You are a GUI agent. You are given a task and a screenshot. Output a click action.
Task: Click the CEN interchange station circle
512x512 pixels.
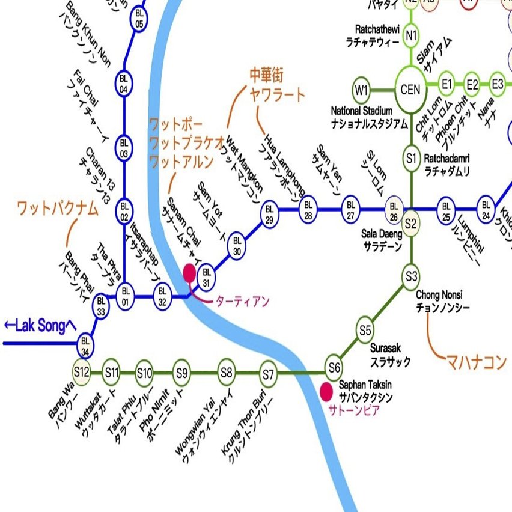click(x=411, y=90)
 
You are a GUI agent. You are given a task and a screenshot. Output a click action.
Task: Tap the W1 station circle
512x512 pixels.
click(x=361, y=91)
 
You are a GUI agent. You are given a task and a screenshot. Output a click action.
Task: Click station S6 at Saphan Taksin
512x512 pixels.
click(x=334, y=366)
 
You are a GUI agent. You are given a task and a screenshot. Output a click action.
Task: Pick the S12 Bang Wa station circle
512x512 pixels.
click(x=81, y=372)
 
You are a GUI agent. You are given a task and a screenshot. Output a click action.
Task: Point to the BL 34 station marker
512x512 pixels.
click(x=86, y=344)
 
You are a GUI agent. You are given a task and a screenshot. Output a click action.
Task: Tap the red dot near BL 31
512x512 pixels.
click(x=190, y=273)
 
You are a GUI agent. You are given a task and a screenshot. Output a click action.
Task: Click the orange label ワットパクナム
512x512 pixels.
click(x=57, y=209)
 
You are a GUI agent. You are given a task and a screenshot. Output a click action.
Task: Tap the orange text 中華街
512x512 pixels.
click(x=266, y=75)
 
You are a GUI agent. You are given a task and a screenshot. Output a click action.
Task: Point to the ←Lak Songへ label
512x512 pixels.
click(x=40, y=325)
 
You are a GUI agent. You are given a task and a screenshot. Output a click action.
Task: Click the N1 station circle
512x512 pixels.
click(x=411, y=35)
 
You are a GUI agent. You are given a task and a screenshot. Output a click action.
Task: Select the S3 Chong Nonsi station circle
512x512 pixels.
click(x=411, y=276)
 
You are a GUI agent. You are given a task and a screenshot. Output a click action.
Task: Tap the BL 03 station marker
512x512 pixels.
click(x=124, y=146)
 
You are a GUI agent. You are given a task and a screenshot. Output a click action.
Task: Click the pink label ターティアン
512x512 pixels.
click(x=242, y=301)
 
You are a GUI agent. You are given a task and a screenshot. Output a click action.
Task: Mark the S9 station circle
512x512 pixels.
click(x=182, y=373)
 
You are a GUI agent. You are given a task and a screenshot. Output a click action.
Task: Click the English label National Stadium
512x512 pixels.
click(x=362, y=111)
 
